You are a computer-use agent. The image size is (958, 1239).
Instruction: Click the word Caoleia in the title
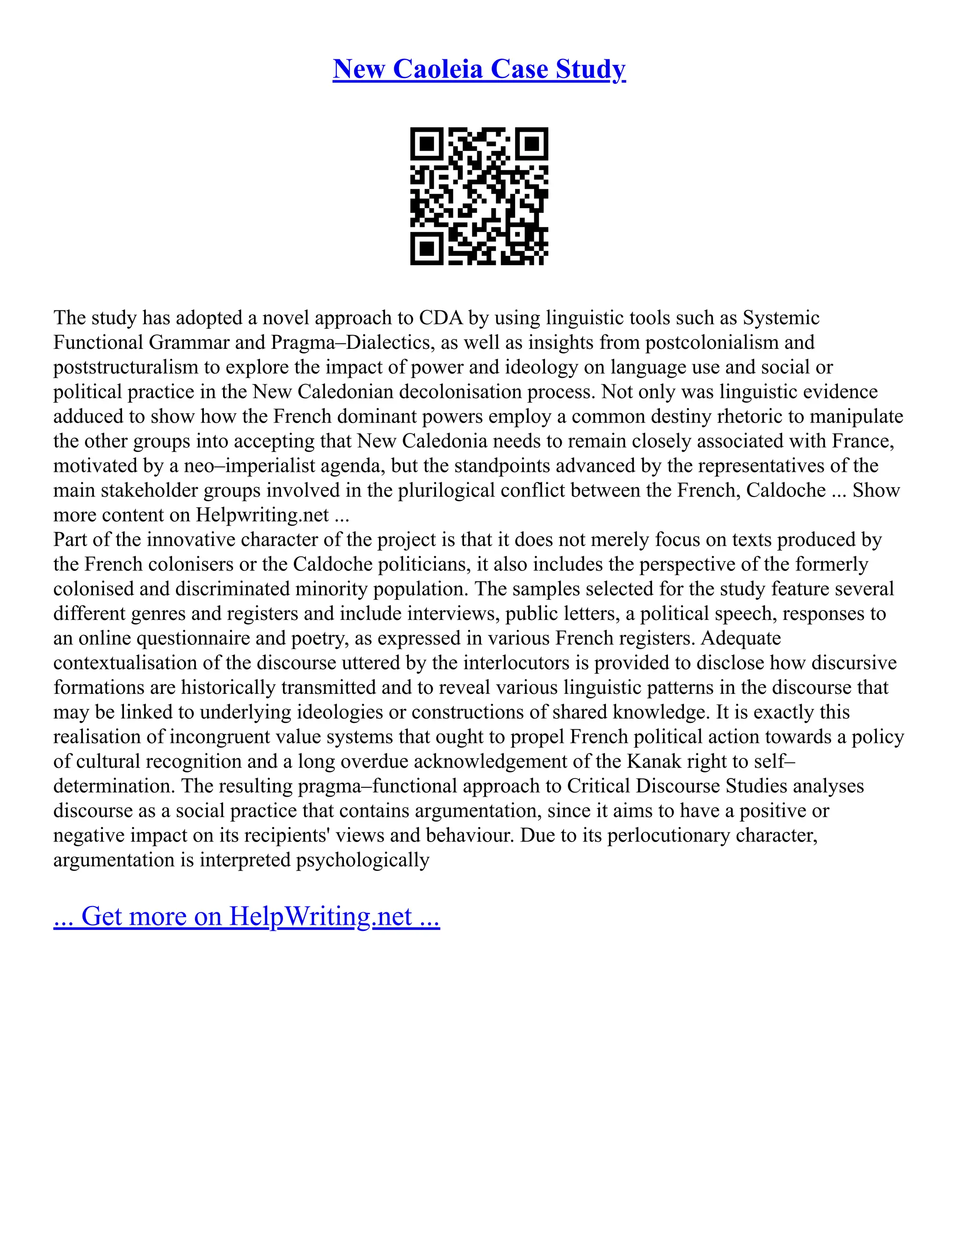tap(437, 69)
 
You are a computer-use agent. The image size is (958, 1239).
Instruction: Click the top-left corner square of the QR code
tap(426, 144)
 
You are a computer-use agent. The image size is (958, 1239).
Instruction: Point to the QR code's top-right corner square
tap(532, 144)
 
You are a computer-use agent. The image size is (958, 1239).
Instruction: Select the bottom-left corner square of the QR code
tap(426, 249)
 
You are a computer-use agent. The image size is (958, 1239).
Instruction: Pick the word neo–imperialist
tap(249, 466)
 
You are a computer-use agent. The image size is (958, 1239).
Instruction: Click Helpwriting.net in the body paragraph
tap(262, 515)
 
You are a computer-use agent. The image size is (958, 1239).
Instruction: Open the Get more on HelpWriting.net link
tap(247, 916)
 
